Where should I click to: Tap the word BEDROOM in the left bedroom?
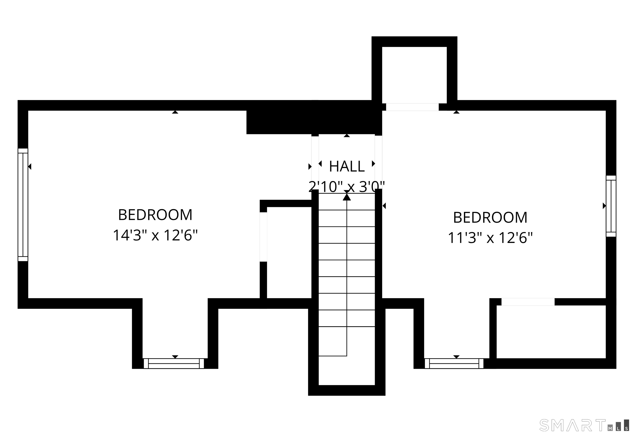(x=155, y=215)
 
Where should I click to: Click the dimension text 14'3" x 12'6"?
(x=155, y=235)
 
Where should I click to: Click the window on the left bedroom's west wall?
(x=23, y=205)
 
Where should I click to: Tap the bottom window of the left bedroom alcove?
(x=174, y=363)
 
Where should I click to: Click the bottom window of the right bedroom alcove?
(x=454, y=363)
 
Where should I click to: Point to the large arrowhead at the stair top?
(x=347, y=197)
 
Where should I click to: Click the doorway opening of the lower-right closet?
(x=528, y=302)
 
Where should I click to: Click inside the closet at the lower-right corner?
(x=551, y=332)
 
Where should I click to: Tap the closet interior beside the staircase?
(x=289, y=253)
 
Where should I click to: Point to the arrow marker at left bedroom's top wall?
(x=175, y=112)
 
